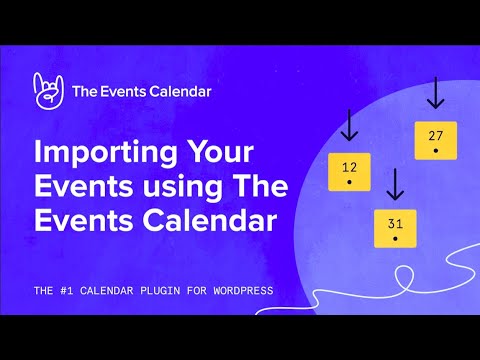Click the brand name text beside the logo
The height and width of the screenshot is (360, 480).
(x=141, y=91)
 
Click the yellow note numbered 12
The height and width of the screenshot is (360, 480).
(x=349, y=172)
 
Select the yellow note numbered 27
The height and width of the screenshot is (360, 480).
(x=435, y=141)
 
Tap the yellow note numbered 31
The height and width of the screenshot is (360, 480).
(x=395, y=228)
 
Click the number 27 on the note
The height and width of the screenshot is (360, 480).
(x=435, y=135)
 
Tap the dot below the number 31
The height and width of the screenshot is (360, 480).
(x=395, y=239)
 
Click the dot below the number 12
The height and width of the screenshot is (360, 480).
(x=349, y=183)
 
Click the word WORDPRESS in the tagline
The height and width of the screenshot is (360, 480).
(x=238, y=291)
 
